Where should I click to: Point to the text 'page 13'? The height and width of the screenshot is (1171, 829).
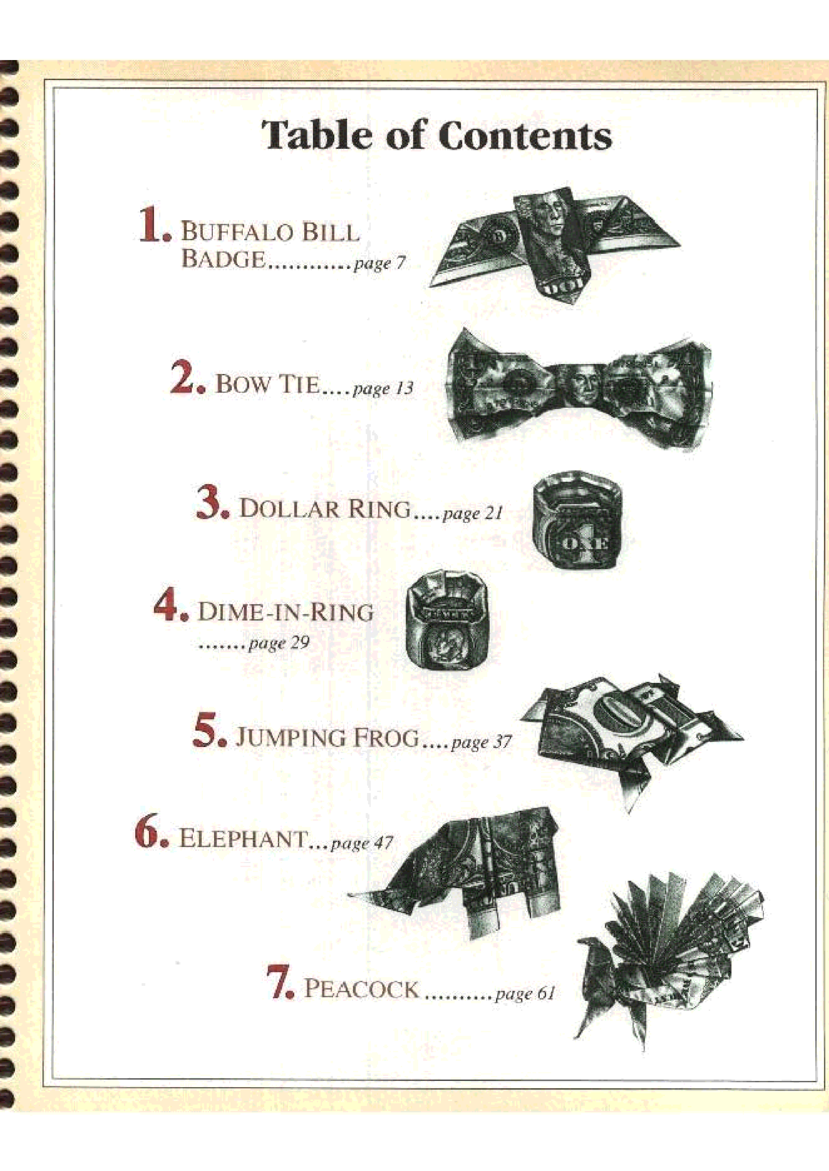383,389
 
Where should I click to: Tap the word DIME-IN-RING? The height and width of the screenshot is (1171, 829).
285,612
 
